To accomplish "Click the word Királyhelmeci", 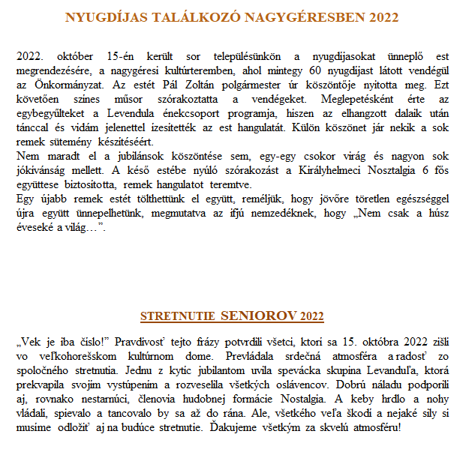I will tap(330, 171).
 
